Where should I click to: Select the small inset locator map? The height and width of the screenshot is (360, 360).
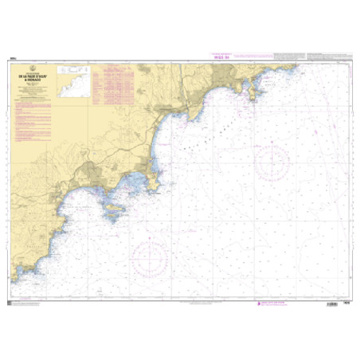[x=75, y=72]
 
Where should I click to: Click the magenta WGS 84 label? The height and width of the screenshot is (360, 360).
[x=220, y=57]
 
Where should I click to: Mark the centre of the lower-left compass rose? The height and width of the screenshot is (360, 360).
[x=151, y=256]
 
